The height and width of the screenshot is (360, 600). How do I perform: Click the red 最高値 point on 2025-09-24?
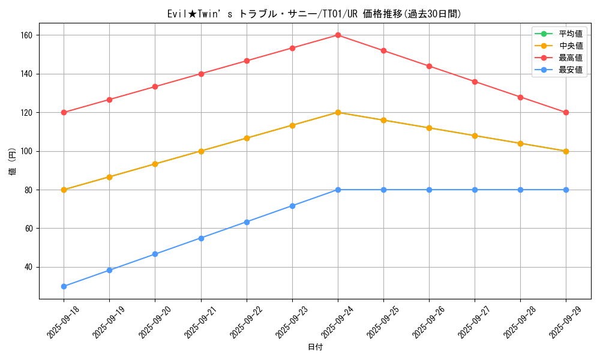click(x=338, y=35)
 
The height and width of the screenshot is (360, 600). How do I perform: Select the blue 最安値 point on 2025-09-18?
click(x=64, y=286)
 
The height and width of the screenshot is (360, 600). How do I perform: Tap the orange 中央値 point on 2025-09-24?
click(x=338, y=112)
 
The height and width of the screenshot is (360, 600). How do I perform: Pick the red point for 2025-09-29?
click(x=566, y=112)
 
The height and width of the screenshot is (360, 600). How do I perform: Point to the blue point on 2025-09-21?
click(x=201, y=238)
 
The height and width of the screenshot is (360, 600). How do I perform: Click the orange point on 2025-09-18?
click(x=64, y=190)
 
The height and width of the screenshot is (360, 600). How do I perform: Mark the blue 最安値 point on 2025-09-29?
click(x=566, y=190)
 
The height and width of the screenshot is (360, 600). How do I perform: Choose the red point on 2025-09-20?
click(x=155, y=86)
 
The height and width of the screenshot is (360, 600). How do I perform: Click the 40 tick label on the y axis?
click(x=30, y=267)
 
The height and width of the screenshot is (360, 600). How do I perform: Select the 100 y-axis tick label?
click(x=28, y=151)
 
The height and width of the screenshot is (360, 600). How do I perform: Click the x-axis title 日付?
click(x=315, y=347)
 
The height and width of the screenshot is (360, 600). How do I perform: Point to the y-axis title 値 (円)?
click(x=12, y=161)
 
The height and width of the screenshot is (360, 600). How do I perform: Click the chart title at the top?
click(x=315, y=14)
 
